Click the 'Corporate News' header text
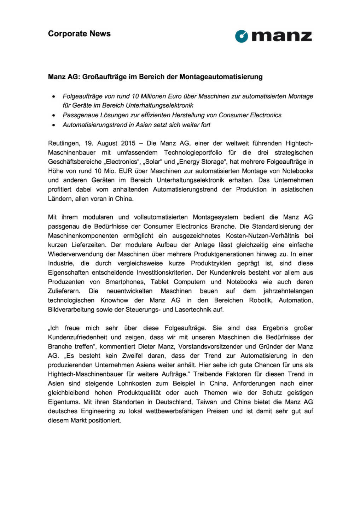[x=79, y=34]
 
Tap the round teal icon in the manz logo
[x=242, y=36]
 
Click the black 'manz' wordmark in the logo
[x=281, y=36]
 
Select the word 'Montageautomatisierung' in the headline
[x=221, y=77]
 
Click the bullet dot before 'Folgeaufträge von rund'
[x=53, y=96]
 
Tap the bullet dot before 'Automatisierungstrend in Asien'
[x=53, y=125]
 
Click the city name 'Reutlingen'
[x=64, y=144]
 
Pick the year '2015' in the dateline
[x=128, y=144]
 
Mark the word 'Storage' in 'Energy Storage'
[x=214, y=162]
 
